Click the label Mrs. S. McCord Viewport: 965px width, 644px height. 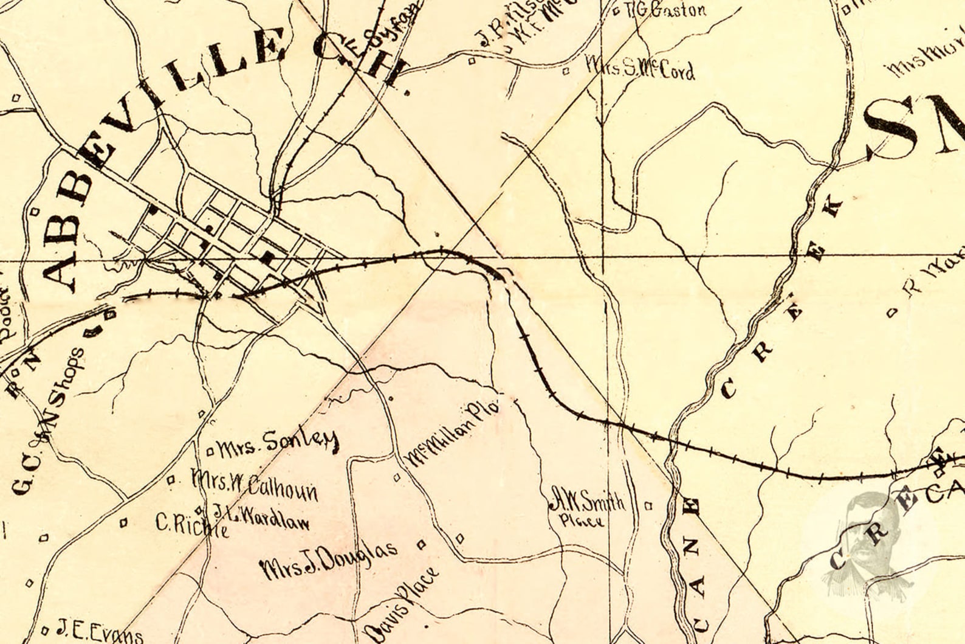[639, 69]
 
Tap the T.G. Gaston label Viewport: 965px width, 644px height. [665, 10]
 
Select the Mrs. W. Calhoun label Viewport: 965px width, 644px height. [254, 483]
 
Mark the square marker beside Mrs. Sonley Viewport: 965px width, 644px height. [210, 451]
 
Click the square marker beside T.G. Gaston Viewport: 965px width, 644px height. [616, 11]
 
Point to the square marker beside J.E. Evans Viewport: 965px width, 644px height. [44, 630]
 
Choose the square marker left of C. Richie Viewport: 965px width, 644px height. [124, 522]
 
